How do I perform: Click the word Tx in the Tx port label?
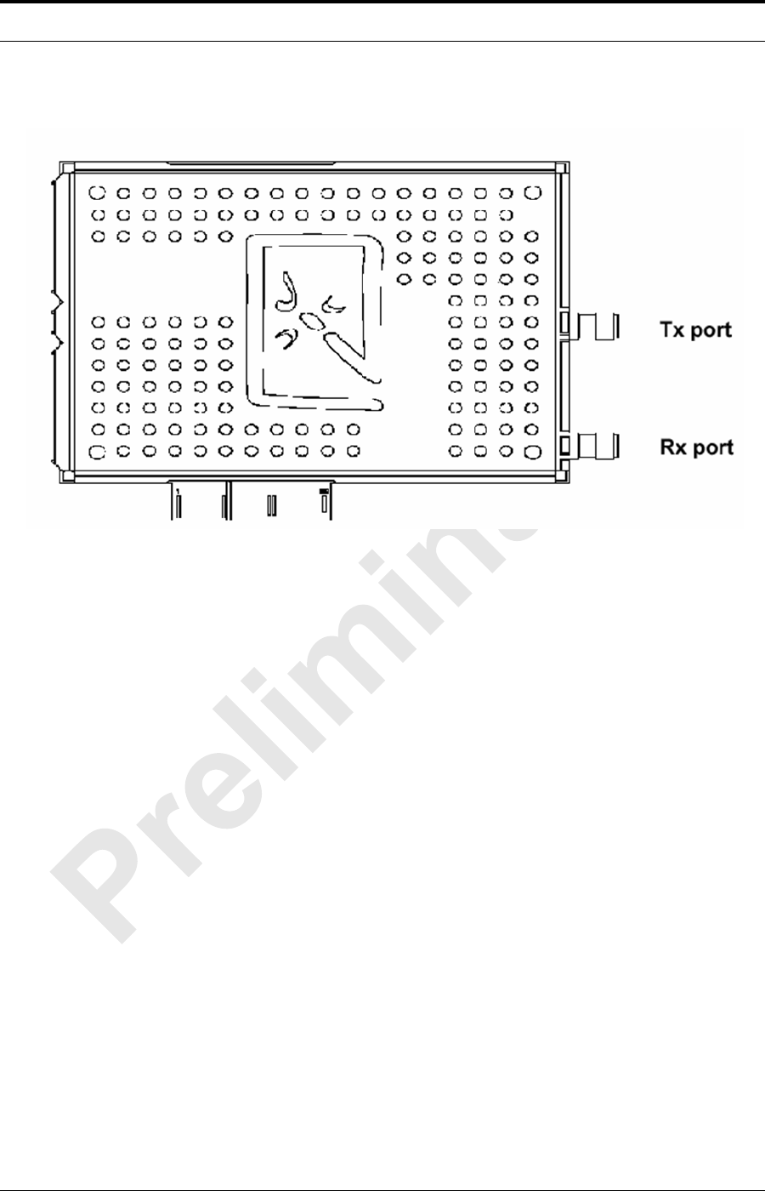point(674,329)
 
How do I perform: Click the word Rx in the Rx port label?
point(674,446)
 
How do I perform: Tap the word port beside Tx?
point(711,331)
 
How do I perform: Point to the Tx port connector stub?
point(597,326)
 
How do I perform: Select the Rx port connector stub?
point(597,444)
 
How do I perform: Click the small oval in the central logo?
point(314,320)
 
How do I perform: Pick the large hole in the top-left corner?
point(98,192)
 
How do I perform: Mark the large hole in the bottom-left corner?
point(98,451)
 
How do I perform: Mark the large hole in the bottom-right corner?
point(534,451)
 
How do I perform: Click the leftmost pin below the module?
point(178,505)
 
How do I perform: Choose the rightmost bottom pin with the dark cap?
point(325,502)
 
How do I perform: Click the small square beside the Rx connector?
point(565,443)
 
